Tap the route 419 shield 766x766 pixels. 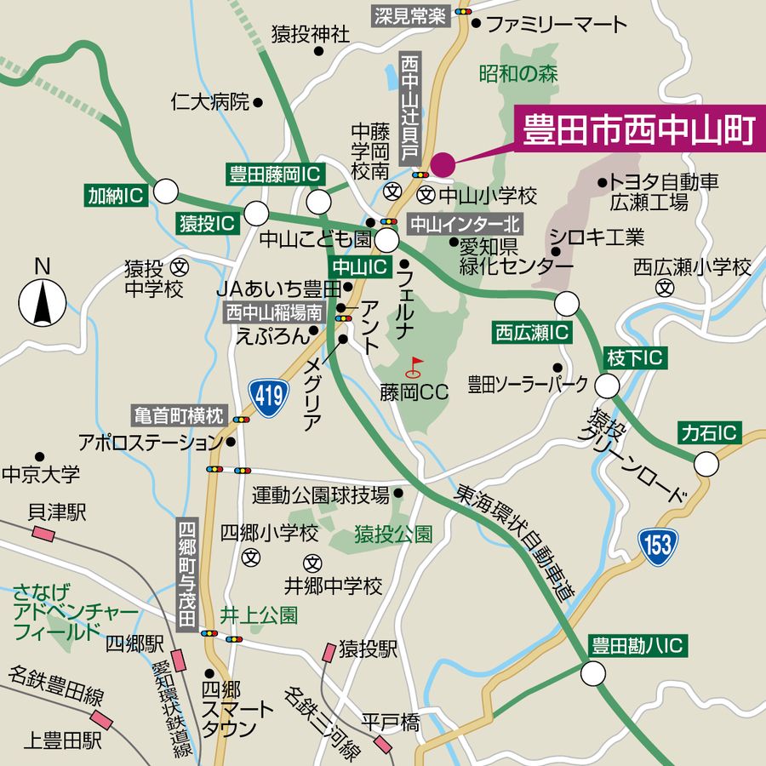tap(267, 394)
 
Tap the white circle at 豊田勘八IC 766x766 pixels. tap(593, 674)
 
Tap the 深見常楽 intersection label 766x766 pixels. tap(410, 15)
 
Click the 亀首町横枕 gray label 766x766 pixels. tap(179, 416)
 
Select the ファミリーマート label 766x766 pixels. tap(556, 24)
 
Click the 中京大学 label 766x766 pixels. tap(41, 473)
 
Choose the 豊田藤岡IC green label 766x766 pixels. tap(275, 174)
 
